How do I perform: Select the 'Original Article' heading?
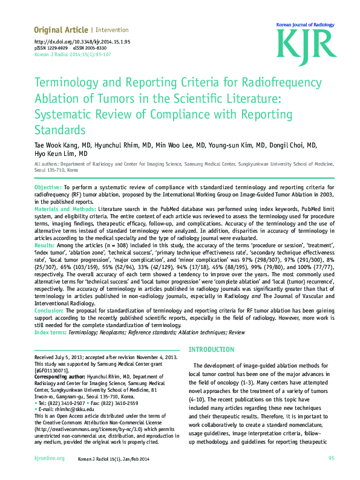pyautogui.click(x=61, y=30)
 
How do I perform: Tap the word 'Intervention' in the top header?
pyautogui.click(x=112, y=30)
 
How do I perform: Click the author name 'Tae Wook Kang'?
pyautogui.click(x=59, y=146)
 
